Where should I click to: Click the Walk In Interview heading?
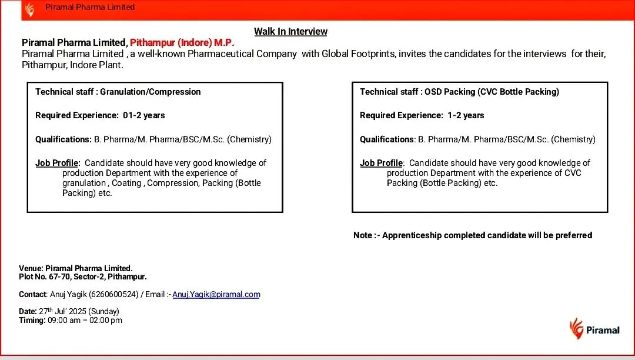290,32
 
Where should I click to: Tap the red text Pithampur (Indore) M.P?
182,42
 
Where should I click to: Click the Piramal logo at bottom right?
594,329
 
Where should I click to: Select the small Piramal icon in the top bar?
29,9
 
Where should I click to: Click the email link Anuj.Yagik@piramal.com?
216,294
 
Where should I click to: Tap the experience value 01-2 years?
144,115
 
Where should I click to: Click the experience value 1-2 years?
466,115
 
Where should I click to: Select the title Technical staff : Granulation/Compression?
118,92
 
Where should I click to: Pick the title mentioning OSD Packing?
459,92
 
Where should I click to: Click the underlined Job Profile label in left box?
57,163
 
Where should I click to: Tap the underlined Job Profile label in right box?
382,163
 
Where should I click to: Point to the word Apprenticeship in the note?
412,235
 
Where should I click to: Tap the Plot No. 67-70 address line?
83,276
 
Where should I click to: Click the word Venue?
30,268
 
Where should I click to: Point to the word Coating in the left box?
126,183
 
